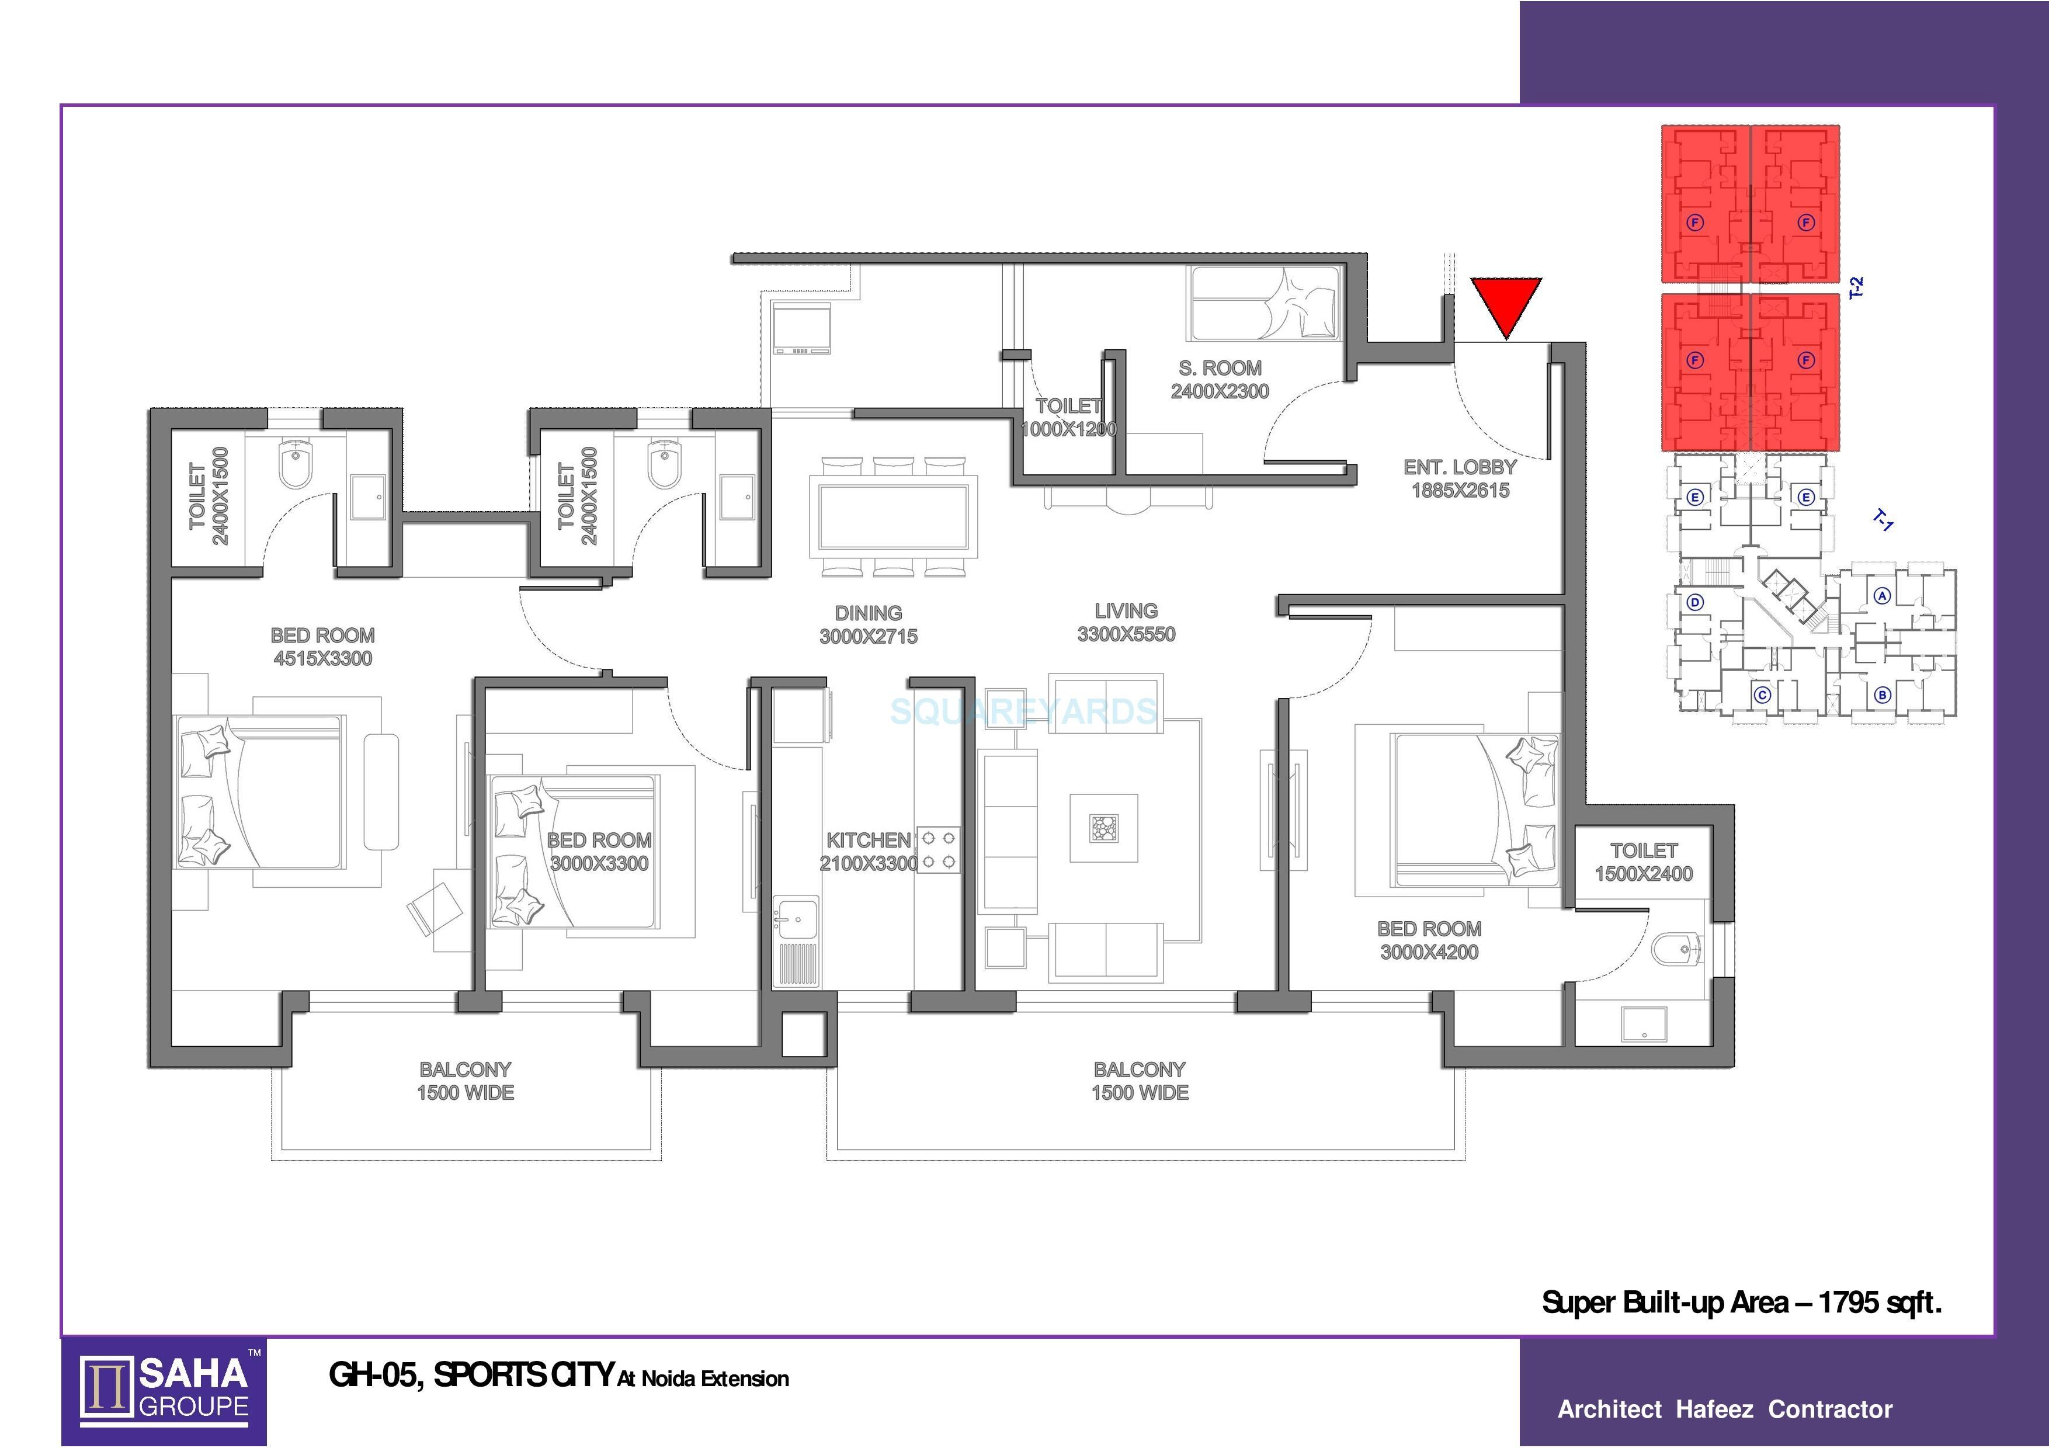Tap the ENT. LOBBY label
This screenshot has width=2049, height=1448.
tap(1460, 478)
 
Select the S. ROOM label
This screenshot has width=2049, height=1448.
tap(1220, 379)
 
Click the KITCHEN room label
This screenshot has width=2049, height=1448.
tap(869, 851)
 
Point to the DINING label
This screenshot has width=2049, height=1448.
tap(869, 624)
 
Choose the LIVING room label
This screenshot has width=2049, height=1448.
tap(1126, 623)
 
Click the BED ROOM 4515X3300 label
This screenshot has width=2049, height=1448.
tap(322, 647)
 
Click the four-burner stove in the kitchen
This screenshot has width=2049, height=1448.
tap(938, 850)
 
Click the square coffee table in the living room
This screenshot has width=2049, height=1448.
tap(1104, 828)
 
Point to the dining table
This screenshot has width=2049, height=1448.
tap(893, 516)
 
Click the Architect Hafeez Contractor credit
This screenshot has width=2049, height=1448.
tap(1725, 1409)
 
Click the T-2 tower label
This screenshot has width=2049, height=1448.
tap(1857, 287)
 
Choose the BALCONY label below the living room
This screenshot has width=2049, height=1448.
tap(1140, 1081)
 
